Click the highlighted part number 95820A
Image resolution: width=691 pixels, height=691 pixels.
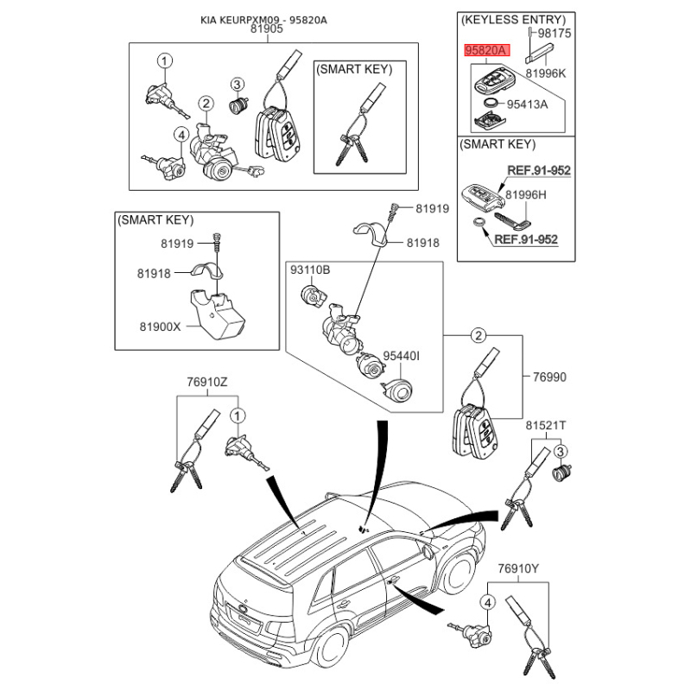pos(486,50)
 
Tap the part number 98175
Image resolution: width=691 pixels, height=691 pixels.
pos(555,33)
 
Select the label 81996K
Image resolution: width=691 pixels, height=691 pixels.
pos(546,73)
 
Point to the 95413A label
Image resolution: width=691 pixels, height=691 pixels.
pos(527,105)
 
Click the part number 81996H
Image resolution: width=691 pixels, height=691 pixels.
pos(526,195)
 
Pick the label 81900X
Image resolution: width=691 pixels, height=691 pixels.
pos(160,326)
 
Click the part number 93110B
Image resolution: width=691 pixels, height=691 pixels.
pos(310,269)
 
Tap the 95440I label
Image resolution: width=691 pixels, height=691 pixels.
pos(401,356)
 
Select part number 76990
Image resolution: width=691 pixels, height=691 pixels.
pos(549,377)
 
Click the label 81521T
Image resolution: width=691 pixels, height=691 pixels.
pos(546,426)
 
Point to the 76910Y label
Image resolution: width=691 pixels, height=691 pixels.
pos(518,569)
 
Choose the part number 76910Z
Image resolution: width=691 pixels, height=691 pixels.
pos(207,382)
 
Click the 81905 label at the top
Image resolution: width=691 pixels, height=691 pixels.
pos(267,29)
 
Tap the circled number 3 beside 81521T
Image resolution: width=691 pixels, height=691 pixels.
pos(560,451)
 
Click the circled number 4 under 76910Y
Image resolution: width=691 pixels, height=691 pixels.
pos(487,602)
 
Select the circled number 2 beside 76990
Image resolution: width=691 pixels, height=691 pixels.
pos(479,336)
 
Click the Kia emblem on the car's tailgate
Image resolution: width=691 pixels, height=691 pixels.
pos(243,608)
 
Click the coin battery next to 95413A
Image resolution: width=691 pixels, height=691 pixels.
pos(490,103)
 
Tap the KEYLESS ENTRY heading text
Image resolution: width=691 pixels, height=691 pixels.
pos(513,20)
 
